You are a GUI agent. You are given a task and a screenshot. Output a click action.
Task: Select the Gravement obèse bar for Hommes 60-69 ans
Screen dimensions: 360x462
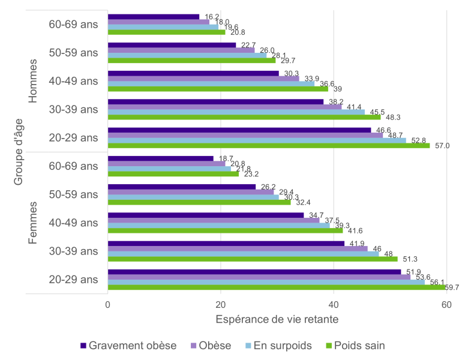click(153, 17)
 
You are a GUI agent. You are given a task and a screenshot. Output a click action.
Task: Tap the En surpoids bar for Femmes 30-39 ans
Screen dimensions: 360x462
click(243, 253)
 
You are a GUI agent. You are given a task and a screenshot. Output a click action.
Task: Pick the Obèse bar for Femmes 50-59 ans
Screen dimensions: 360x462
click(190, 191)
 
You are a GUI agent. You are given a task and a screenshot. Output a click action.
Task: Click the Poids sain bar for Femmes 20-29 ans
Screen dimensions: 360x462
click(276, 287)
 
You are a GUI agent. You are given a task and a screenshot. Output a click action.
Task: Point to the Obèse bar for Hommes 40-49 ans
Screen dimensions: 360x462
click(203, 79)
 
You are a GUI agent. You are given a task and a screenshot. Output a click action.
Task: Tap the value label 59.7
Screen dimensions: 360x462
click(452, 288)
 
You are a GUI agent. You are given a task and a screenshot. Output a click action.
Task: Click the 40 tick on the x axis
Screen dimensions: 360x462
click(334, 304)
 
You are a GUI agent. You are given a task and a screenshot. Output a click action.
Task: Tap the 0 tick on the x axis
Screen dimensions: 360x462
click(108, 304)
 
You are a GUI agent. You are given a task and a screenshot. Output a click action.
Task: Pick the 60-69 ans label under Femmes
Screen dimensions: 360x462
click(74, 166)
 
